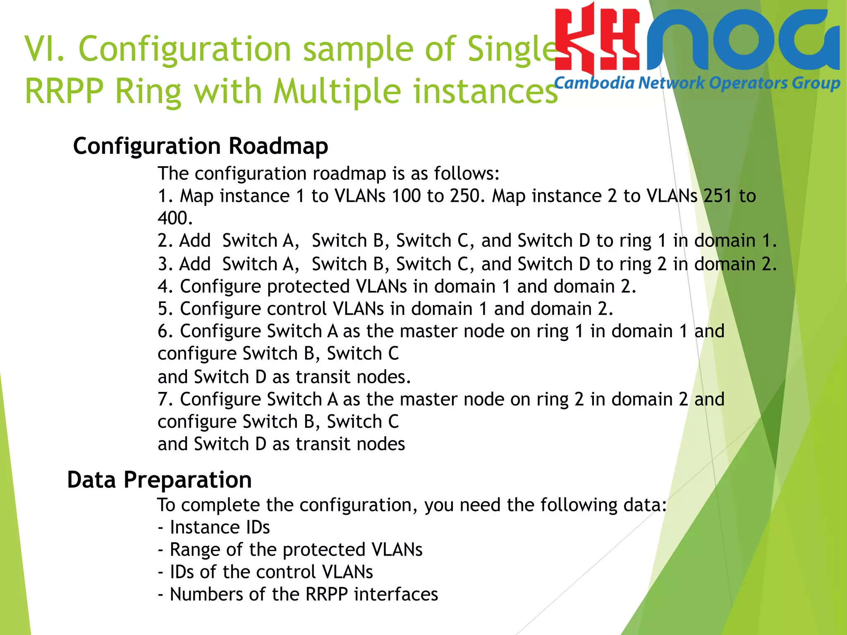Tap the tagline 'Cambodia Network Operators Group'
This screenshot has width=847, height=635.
point(697,84)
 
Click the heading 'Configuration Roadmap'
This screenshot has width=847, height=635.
point(201,146)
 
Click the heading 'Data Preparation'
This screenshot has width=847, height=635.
point(159,480)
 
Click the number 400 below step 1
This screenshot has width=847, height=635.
point(175,218)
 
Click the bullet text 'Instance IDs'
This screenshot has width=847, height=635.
point(220,528)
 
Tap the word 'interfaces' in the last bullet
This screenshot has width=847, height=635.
point(396,594)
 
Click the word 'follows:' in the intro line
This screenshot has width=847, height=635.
point(467,174)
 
